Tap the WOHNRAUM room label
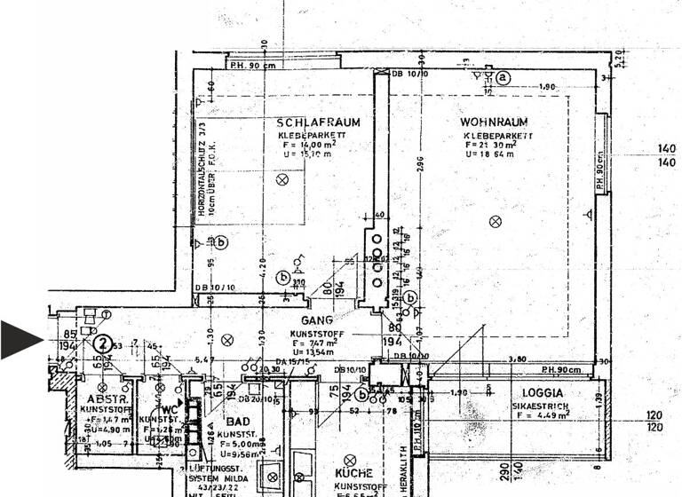point(495,122)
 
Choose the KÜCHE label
point(353,474)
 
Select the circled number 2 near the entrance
point(104,343)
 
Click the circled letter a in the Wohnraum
point(504,77)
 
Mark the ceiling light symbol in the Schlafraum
point(282,180)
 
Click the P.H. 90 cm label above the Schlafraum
point(252,66)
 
